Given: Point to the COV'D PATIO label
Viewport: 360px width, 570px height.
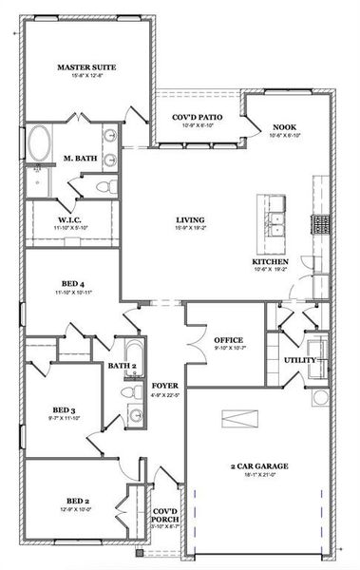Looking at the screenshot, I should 197,117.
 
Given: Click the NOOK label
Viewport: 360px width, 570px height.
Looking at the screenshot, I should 284,126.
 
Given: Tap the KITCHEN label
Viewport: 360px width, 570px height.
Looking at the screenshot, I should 271,260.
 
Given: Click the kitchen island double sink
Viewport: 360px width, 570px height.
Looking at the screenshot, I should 277,223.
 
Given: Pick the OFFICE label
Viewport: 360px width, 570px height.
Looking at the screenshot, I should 229,339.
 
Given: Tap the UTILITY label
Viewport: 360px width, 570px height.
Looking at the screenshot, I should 300,360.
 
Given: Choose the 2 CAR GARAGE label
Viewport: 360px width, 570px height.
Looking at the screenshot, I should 259,466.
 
